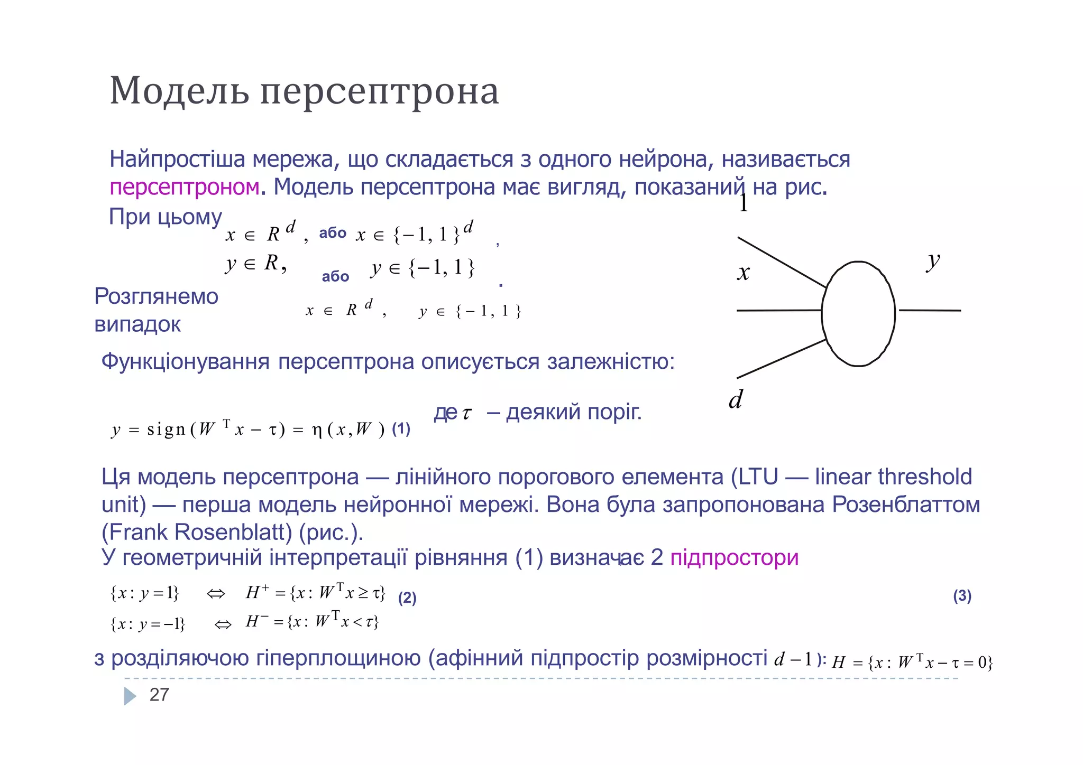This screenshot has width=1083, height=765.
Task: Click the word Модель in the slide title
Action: point(179,91)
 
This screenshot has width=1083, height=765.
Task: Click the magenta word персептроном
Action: point(185,187)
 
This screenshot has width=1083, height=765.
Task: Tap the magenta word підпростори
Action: point(734,557)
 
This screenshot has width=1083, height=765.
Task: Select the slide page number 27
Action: point(159,695)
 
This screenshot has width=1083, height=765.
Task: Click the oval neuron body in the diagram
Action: point(858,313)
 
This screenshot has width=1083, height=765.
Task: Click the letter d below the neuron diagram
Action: point(736,399)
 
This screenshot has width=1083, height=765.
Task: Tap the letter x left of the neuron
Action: point(744,273)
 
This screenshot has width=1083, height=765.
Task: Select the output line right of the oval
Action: point(930,310)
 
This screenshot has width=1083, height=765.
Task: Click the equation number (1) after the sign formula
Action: point(401,429)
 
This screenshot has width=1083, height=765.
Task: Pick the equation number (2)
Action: point(407,598)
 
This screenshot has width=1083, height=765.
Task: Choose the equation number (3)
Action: point(962,596)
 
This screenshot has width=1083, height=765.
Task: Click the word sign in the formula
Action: point(166,430)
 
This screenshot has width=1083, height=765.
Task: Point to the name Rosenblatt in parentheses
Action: point(233,532)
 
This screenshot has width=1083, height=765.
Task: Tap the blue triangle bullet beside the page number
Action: point(130,696)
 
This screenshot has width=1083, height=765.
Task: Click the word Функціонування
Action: point(185,362)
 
